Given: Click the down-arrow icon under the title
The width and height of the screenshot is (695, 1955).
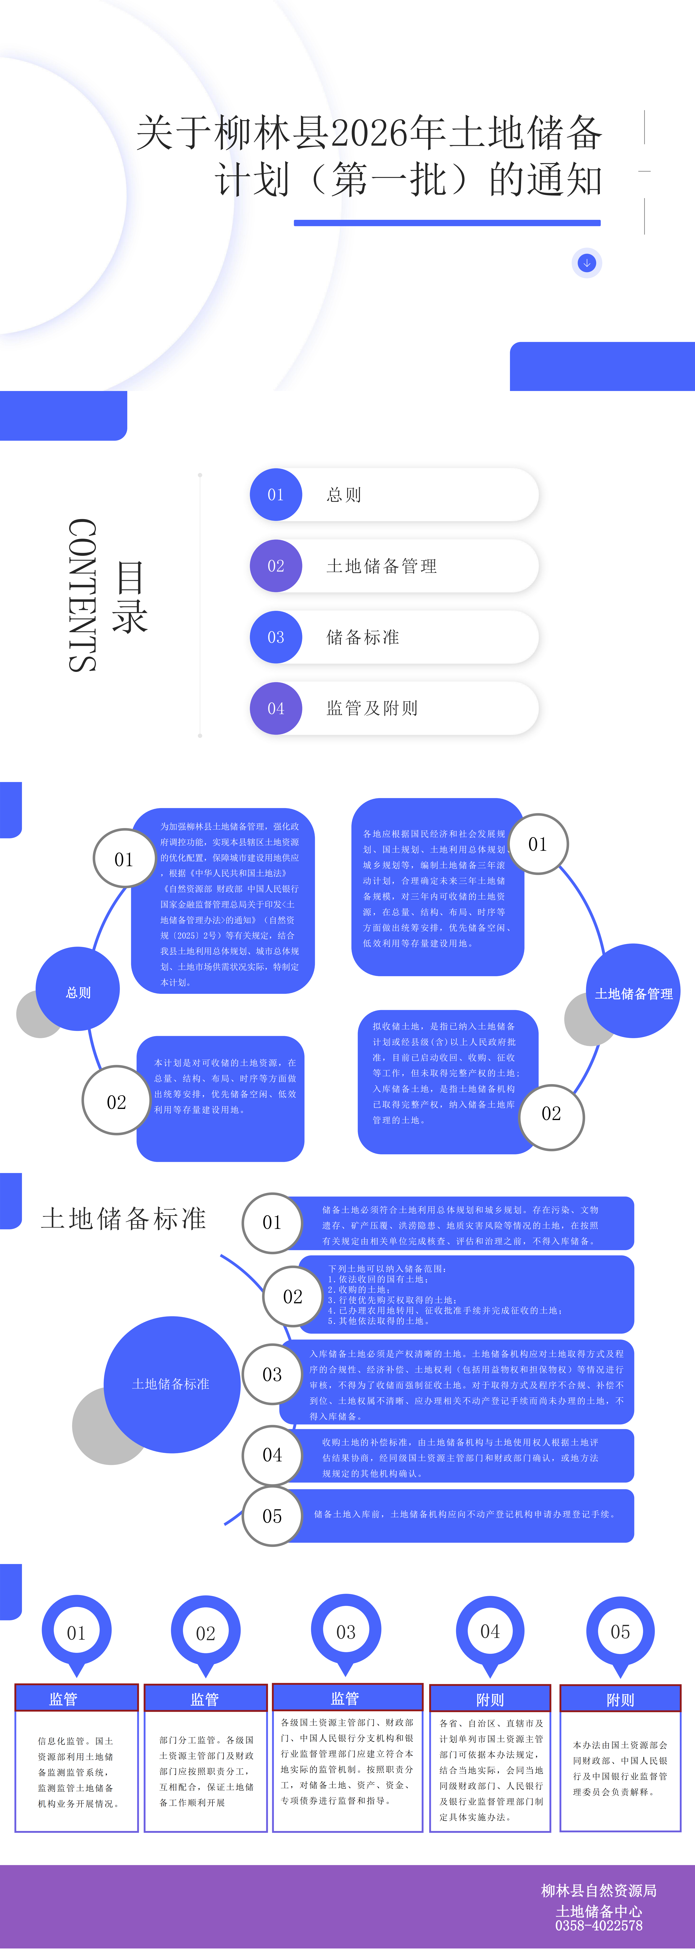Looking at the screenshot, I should [586, 263].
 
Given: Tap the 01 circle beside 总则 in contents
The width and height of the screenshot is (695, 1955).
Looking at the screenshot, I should [275, 495].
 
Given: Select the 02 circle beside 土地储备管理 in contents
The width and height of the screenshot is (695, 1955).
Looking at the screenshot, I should [275, 566].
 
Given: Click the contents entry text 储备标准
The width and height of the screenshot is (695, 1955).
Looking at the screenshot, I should [363, 638].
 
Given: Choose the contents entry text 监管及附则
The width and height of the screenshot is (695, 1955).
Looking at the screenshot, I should [372, 708].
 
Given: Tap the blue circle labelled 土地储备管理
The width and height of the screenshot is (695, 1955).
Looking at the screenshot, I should [633, 993].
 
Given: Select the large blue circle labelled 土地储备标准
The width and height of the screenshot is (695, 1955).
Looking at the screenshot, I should [172, 1383].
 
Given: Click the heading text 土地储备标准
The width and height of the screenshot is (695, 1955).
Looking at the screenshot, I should [124, 1218].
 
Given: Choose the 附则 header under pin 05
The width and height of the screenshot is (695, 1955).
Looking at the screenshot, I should [620, 1700].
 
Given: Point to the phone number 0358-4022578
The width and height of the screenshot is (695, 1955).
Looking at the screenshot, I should [599, 1925].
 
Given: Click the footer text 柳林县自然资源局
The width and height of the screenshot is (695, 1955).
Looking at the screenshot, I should [599, 1890].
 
